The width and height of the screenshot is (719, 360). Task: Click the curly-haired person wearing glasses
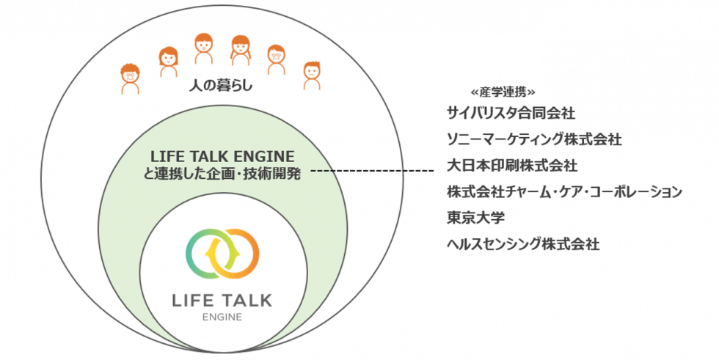tap(131, 77)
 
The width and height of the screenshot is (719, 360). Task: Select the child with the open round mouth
tap(204, 50)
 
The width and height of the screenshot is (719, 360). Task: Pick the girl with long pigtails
tap(240, 51)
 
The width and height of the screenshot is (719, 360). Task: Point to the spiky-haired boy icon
tap(313, 73)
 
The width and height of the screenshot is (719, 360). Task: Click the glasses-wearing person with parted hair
tap(276, 59)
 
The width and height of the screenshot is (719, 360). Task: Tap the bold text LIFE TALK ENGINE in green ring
tap(222, 156)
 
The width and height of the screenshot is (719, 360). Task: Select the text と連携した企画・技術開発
tap(222, 174)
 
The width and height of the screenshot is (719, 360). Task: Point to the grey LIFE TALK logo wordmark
tap(222, 301)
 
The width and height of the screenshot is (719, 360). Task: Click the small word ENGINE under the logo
tap(222, 317)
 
